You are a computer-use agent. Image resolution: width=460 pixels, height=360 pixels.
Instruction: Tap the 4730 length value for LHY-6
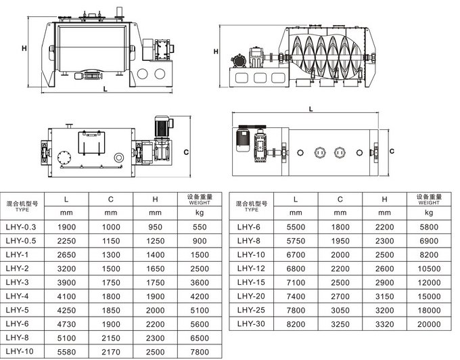[65, 324]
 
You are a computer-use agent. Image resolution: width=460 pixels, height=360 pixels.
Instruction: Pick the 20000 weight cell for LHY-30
[429, 324]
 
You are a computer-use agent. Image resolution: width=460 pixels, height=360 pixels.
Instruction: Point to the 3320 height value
[384, 324]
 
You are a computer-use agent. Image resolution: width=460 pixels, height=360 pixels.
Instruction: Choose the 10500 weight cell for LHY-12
[429, 269]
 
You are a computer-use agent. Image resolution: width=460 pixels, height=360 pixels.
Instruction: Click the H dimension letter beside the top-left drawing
[24, 48]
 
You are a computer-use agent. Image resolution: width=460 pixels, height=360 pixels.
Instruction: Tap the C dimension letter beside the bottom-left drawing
[185, 152]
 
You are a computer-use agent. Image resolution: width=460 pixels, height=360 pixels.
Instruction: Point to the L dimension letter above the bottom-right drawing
[310, 108]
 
